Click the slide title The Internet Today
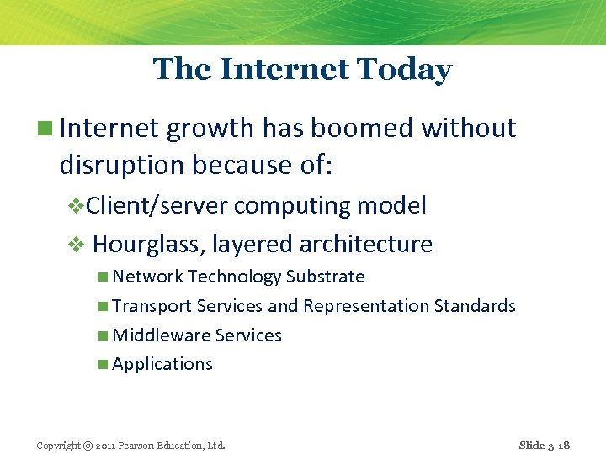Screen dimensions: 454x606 coord(302,69)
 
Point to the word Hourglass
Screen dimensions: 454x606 coord(149,245)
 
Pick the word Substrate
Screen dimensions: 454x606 coord(325,277)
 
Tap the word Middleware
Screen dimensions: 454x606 coord(161,335)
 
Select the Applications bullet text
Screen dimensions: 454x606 coord(162,364)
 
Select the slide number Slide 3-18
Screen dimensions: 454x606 coord(544,445)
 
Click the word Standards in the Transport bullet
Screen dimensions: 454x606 coord(475,306)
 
